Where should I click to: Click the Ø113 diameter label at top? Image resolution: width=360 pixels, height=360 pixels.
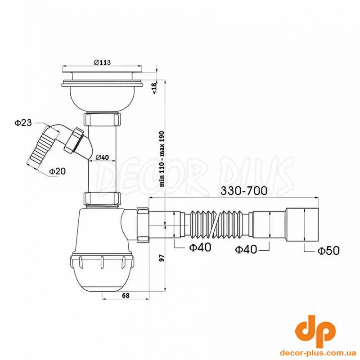pos(102,62)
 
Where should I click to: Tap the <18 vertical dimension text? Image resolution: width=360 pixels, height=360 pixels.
pos(154,88)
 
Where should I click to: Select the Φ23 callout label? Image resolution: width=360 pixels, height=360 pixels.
pos(23,123)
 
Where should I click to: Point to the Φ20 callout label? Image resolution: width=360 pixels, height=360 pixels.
pos(58,171)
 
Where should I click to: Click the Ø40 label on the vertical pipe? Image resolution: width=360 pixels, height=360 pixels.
pos(102,157)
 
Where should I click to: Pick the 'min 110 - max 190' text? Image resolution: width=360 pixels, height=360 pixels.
pos(162,159)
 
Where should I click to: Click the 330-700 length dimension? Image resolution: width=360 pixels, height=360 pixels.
pos(244,190)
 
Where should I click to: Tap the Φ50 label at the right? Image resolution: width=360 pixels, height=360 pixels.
pos(328,251)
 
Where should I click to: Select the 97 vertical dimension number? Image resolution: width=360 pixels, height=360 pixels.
pos(162,258)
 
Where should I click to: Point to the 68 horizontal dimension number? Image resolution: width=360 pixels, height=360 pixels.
pos(126,296)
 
